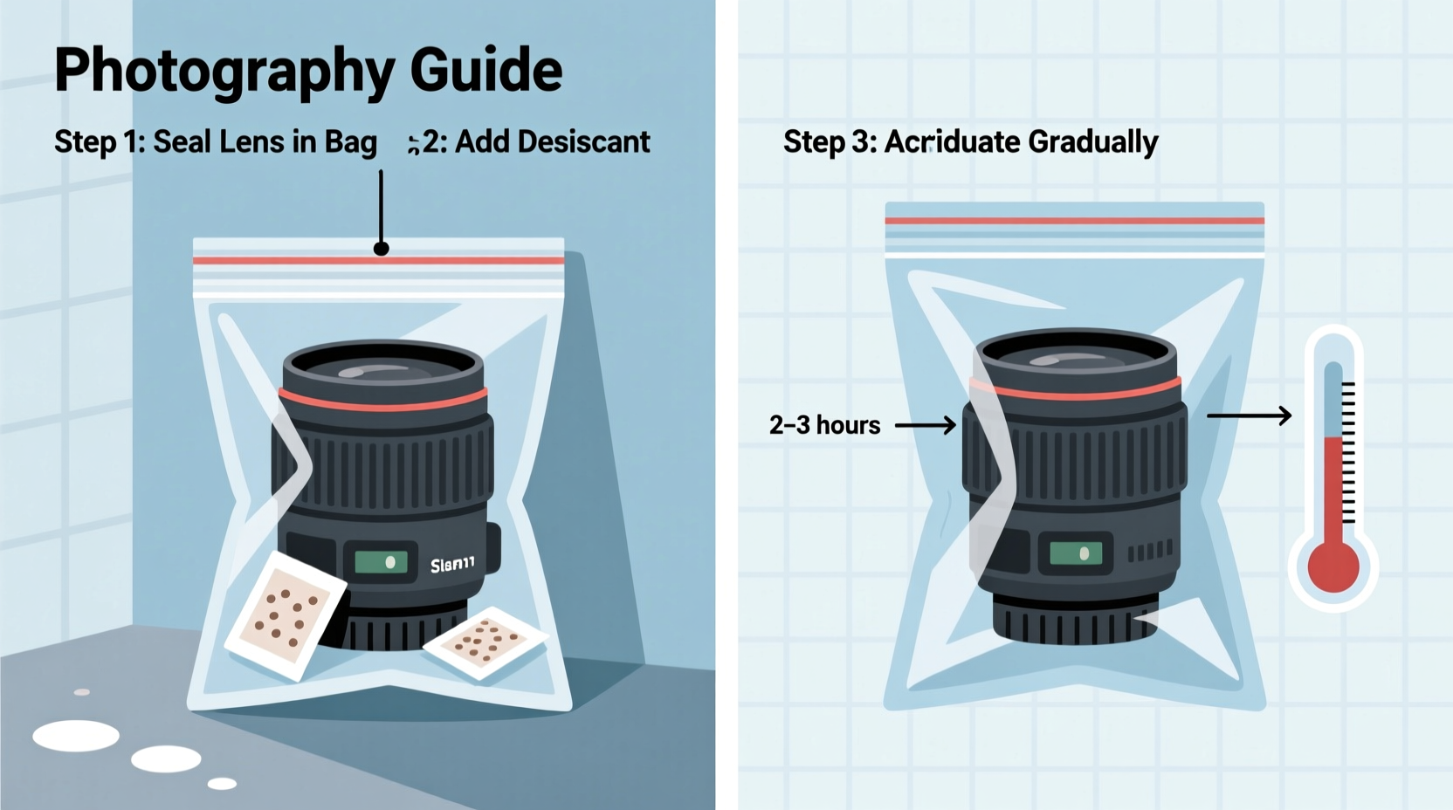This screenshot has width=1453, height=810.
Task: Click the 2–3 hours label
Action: point(824,425)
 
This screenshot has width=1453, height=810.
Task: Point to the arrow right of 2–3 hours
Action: point(926,425)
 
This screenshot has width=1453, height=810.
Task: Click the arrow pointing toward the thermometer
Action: point(1249,415)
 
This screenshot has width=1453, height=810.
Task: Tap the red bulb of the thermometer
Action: point(1332,566)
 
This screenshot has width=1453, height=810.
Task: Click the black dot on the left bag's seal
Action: point(381,249)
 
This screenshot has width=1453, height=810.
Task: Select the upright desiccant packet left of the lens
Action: point(285,614)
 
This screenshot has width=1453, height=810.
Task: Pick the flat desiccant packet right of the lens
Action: point(485,642)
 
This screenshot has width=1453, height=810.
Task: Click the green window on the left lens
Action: point(381,562)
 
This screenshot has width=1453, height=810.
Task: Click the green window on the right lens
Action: point(1076,553)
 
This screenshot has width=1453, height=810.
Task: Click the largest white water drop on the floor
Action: point(76,736)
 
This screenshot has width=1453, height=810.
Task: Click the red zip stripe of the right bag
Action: point(1074,221)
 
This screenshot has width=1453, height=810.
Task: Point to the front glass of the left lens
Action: point(382,369)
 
